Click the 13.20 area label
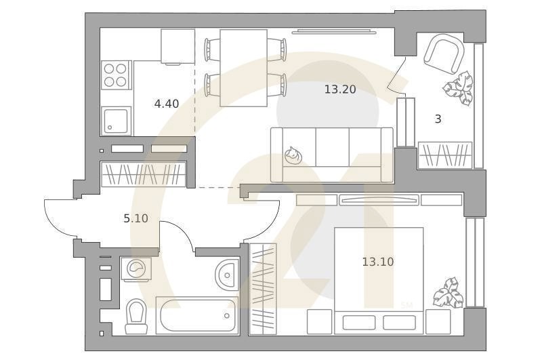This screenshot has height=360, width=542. click(340, 89)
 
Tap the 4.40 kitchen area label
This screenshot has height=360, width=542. click(167, 104)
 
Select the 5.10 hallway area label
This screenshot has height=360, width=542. click(136, 218)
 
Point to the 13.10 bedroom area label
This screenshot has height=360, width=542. click(378, 262)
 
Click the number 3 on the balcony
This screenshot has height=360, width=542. click(438, 119)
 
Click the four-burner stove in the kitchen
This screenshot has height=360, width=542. click(116, 75)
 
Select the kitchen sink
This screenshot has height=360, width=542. click(116, 121)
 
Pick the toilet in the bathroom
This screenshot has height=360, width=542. click(136, 316)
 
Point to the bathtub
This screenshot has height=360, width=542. click(197, 315)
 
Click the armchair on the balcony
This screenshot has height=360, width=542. click(444, 56)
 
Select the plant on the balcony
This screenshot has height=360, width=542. click(459, 88)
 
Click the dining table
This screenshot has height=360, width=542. click(244, 68)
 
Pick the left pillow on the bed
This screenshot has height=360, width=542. click(359, 322)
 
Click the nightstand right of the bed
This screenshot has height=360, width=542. click(438, 322)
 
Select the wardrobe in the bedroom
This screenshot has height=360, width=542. click(263, 289)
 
